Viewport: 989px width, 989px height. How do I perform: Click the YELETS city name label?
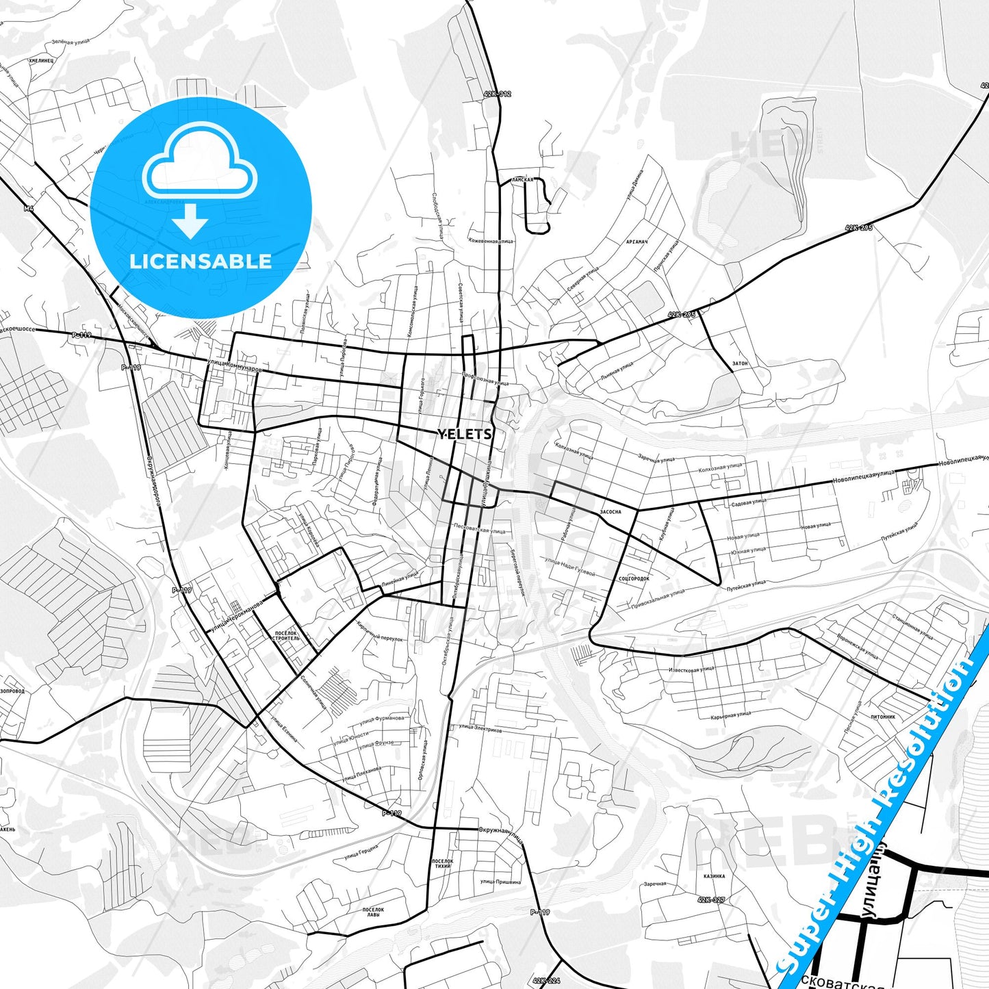(x=465, y=434)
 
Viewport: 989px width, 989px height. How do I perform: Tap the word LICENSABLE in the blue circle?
(x=201, y=261)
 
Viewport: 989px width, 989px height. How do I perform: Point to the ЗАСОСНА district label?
(x=611, y=511)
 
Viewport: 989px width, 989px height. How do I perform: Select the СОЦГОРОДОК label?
(x=634, y=579)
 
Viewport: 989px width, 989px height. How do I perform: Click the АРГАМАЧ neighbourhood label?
(x=636, y=242)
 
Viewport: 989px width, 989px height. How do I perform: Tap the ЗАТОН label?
(x=740, y=363)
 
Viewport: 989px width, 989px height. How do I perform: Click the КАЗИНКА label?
(x=714, y=876)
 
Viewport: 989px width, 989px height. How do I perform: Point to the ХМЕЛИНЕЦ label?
(x=41, y=60)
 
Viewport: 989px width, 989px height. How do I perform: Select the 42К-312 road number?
(x=496, y=94)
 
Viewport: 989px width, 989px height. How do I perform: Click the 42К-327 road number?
(x=711, y=900)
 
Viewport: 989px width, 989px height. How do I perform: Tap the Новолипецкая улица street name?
(x=864, y=476)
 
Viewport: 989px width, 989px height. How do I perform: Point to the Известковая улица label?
(x=691, y=669)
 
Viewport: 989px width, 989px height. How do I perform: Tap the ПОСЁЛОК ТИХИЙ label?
(x=443, y=863)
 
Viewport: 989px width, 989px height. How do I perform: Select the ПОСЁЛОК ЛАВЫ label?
(x=373, y=912)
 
